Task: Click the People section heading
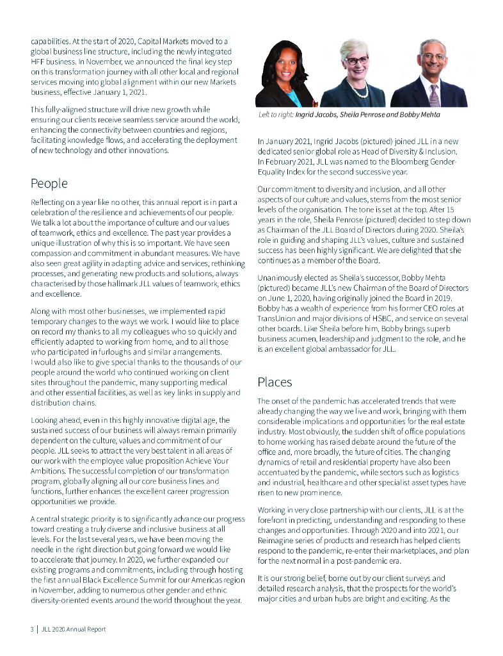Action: click(x=49, y=184)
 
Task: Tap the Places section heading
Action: click(x=275, y=382)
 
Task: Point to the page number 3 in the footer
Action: click(x=31, y=629)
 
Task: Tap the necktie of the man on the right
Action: click(x=435, y=95)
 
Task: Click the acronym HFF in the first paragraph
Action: click(x=40, y=62)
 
